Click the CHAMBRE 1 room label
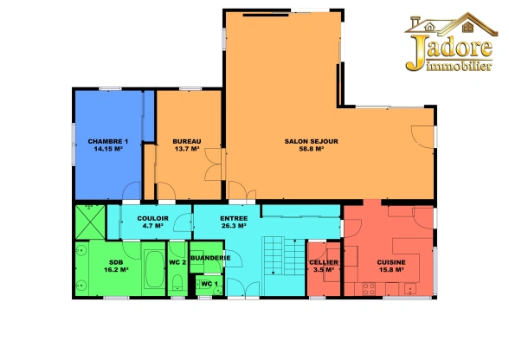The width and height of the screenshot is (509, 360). (x=108, y=142)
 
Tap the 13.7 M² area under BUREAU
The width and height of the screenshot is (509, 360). (x=187, y=149)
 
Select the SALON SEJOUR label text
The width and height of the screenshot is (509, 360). (x=312, y=142)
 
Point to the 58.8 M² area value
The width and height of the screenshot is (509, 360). (x=312, y=149)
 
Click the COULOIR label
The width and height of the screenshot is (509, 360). (x=153, y=218)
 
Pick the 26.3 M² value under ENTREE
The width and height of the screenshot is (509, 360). (x=234, y=226)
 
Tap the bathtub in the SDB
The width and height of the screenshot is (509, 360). (x=154, y=269)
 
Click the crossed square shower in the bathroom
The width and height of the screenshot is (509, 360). (x=90, y=222)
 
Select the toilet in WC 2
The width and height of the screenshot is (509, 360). (x=177, y=282)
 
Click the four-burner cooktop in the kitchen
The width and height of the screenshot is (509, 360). (x=369, y=289)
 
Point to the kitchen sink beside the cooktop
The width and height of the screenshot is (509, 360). (x=410, y=288)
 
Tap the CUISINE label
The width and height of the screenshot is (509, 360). (x=391, y=262)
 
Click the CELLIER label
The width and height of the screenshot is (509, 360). (x=324, y=262)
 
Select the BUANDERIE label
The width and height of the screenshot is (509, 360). (x=210, y=258)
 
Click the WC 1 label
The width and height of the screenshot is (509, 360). (x=209, y=284)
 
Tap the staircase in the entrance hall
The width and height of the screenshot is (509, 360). (x=284, y=256)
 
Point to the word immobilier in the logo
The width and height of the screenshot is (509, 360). (x=459, y=66)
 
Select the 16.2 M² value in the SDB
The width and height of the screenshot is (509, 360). (x=116, y=269)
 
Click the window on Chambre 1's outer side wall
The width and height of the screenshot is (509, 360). (x=74, y=145)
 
